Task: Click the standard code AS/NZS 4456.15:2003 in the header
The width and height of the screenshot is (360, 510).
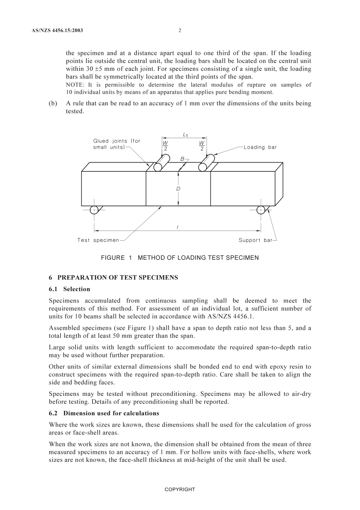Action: point(57,30)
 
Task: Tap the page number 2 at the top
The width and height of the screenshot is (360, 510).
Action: point(180,30)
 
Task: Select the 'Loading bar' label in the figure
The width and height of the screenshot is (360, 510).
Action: point(260,147)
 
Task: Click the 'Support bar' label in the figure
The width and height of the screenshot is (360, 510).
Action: point(255,240)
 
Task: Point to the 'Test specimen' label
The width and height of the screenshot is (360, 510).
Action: point(98,240)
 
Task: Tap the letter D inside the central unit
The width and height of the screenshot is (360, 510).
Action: point(178,189)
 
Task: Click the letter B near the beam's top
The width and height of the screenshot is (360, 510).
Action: point(182,159)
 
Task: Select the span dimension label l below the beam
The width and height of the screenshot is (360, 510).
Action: point(177,227)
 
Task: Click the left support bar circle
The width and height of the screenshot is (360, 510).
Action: point(94,210)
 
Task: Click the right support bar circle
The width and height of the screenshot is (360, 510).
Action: point(261,210)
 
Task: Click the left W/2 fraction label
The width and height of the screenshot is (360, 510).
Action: point(165,146)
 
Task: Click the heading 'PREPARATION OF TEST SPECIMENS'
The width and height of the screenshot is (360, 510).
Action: point(117,278)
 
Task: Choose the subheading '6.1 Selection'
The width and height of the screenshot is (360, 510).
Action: point(69,289)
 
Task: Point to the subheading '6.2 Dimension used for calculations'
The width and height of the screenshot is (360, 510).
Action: point(104,413)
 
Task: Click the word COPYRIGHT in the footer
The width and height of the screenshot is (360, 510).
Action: point(180,490)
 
